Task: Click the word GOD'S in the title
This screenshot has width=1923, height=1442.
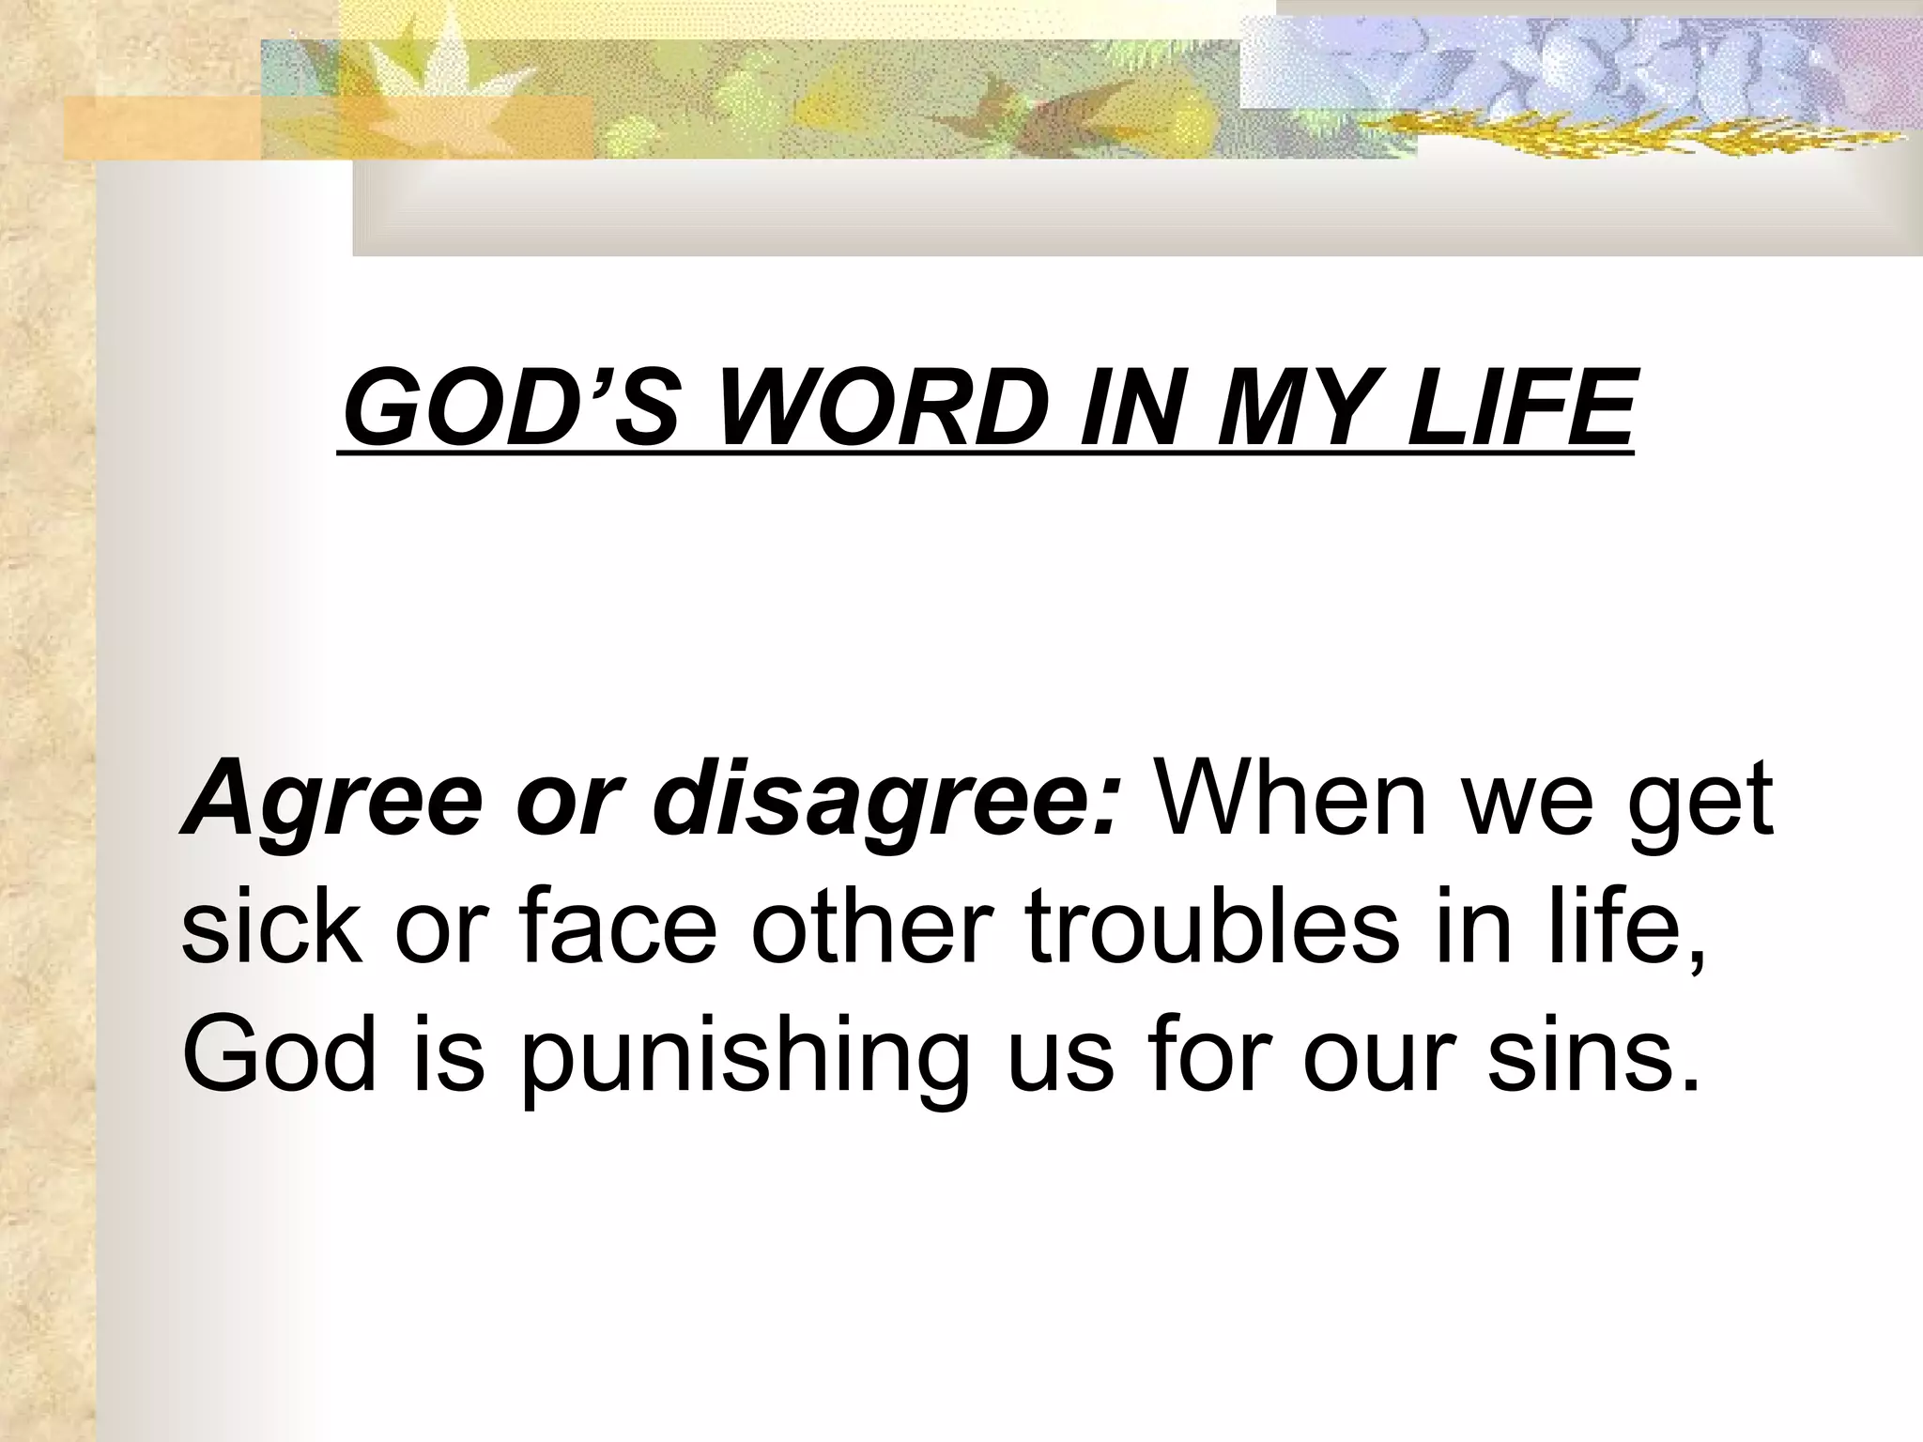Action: pos(508,410)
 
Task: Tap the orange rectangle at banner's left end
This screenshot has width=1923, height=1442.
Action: pos(160,127)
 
